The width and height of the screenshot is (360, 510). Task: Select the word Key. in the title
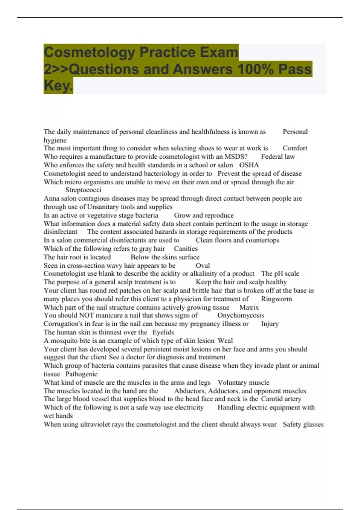(58, 85)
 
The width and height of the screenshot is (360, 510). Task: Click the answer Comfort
(295, 148)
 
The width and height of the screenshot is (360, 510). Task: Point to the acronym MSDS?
(236, 157)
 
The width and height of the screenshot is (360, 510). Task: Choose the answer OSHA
(249, 165)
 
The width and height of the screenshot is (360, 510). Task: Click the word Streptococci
(83, 190)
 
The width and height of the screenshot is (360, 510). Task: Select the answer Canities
(186, 249)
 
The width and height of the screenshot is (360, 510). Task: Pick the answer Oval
(203, 265)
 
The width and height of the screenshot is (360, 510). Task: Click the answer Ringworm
(276, 299)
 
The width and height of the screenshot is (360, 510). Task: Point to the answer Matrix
(249, 307)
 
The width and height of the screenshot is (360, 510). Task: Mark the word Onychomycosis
(241, 315)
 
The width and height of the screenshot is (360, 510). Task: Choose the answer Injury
(270, 324)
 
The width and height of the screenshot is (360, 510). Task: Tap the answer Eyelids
(163, 332)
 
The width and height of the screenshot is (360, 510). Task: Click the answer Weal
(225, 341)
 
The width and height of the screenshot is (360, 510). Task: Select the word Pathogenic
(81, 374)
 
